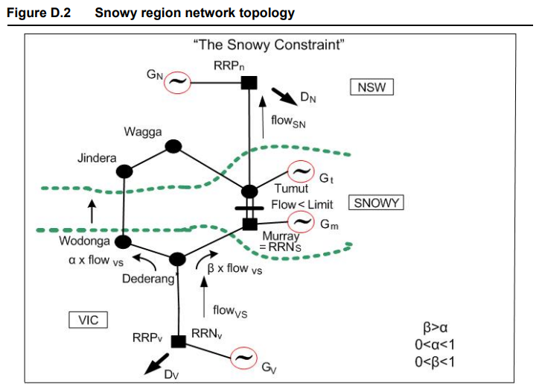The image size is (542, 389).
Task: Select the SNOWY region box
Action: tap(377, 203)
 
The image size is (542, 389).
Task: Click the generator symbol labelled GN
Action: tap(177, 81)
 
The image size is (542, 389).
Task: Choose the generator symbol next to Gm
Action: tap(301, 221)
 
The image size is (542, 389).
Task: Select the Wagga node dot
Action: tap(173, 146)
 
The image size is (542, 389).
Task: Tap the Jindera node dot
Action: tap(124, 171)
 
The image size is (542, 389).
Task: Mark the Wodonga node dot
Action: tap(123, 241)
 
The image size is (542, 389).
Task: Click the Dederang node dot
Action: tap(177, 259)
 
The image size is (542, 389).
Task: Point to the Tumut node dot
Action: tap(249, 192)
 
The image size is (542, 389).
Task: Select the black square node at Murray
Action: tap(250, 223)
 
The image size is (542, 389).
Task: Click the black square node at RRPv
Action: tap(178, 341)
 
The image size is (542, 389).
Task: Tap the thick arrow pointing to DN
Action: tap(280, 97)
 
